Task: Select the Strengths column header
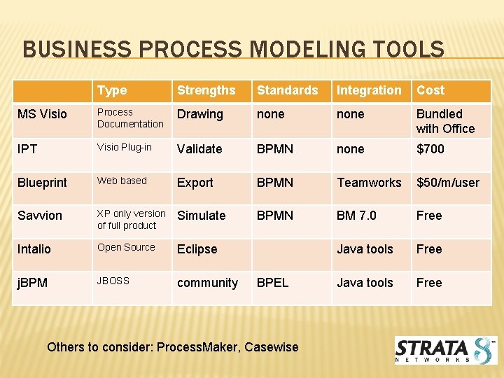[206, 90]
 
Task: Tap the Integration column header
[369, 90]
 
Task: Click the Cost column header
[430, 90]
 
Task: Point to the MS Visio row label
[43, 114]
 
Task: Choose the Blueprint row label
[42, 183]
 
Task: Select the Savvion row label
[40, 216]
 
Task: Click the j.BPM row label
[33, 283]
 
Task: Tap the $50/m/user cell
[448, 183]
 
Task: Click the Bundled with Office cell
[445, 121]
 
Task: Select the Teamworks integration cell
[369, 183]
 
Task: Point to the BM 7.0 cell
[356, 216]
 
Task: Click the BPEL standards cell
[272, 283]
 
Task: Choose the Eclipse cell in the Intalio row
[197, 249]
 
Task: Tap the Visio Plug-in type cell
[124, 148]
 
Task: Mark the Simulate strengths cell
[201, 216]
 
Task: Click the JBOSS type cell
[113, 281]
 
